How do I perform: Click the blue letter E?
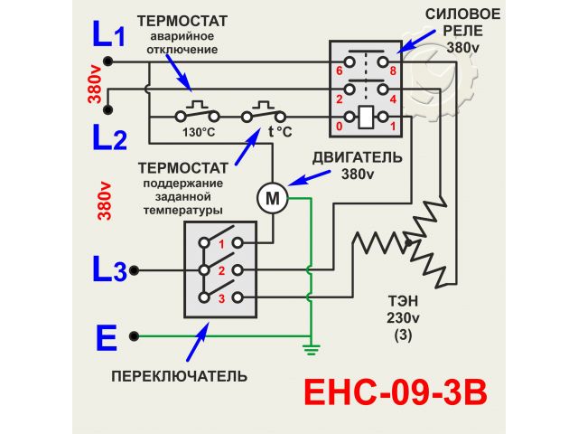pos(107,338)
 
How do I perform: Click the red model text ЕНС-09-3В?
pos(394,394)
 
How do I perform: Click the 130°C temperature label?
pos(199,132)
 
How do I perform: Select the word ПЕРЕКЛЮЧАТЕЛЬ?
pos(179,375)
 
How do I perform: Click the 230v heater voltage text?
pos(403,318)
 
